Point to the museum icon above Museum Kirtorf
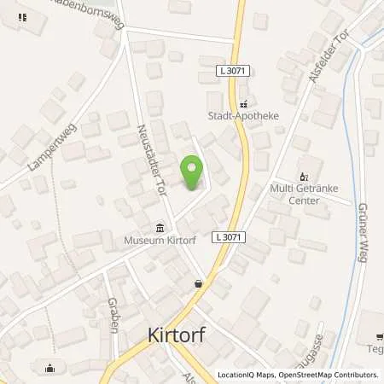(x=160, y=227)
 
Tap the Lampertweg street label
(x=41, y=153)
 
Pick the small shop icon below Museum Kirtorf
(x=198, y=282)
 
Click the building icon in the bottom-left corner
(x=49, y=369)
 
